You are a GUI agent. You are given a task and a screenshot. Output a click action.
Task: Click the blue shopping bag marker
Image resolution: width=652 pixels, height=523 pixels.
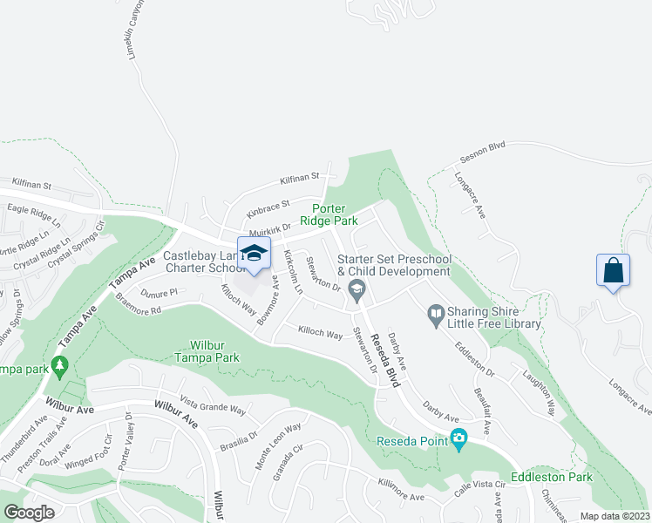[614, 270]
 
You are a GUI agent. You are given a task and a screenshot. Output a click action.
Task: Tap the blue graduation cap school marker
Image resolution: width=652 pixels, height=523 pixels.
[254, 254]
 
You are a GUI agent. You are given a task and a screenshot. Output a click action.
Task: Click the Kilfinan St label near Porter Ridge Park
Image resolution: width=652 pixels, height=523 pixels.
[301, 179]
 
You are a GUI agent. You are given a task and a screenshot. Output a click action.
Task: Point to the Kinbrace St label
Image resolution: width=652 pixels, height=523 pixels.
[268, 209]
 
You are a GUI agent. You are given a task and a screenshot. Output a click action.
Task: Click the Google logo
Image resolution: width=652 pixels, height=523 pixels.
[29, 513]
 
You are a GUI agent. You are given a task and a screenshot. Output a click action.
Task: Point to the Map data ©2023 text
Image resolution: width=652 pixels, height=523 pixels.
[614, 515]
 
